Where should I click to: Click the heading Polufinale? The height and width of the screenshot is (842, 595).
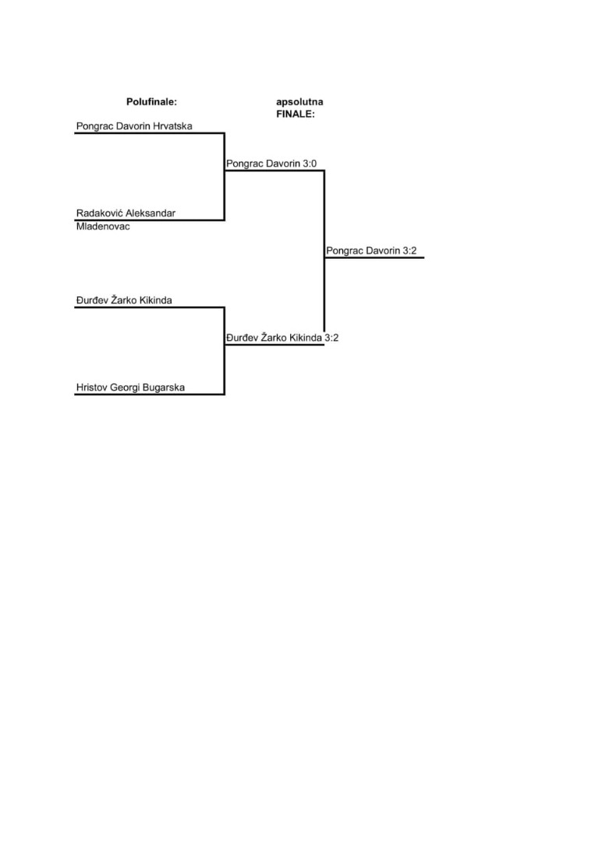(x=151, y=101)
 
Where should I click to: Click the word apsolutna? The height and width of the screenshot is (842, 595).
(x=299, y=102)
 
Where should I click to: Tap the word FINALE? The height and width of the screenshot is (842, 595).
(x=296, y=114)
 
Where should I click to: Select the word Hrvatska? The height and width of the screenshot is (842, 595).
(x=172, y=126)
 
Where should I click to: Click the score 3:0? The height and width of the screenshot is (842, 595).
(x=310, y=164)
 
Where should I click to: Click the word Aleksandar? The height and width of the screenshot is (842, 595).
(x=148, y=213)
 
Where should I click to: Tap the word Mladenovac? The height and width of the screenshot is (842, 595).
(x=103, y=227)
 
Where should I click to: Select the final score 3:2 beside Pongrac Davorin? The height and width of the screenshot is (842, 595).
(x=409, y=251)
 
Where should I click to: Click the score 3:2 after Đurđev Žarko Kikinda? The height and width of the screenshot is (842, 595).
(x=331, y=338)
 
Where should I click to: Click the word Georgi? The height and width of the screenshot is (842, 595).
(x=125, y=387)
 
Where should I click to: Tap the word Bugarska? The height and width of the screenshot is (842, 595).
(x=164, y=387)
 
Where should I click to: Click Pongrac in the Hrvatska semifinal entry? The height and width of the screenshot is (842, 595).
(x=95, y=127)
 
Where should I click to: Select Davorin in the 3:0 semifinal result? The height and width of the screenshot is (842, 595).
(x=283, y=164)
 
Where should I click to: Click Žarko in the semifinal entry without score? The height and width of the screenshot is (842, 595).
(x=124, y=300)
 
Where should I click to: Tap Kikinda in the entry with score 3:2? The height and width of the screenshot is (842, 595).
(x=306, y=338)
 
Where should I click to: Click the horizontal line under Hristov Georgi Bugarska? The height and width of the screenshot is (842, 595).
(x=149, y=394)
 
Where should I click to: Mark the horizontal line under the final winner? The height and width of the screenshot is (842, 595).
(x=374, y=258)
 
